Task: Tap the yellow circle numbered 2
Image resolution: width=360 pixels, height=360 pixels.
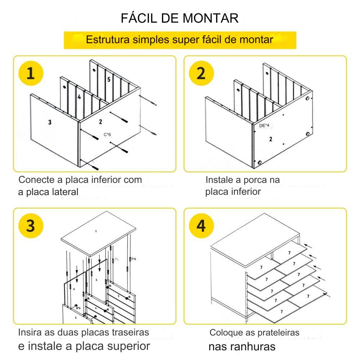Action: (x=201, y=74)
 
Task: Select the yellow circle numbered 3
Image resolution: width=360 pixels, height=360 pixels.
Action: (x=31, y=226)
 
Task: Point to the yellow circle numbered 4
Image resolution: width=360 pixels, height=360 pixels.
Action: (x=201, y=226)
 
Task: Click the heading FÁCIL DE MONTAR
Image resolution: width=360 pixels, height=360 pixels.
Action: (x=180, y=18)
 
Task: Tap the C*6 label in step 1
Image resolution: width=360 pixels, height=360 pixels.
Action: (x=107, y=135)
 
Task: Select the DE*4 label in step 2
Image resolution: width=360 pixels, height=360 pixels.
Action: (x=264, y=126)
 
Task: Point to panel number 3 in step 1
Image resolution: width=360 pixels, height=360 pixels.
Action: (x=50, y=122)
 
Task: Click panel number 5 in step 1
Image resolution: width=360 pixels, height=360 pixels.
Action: (x=108, y=79)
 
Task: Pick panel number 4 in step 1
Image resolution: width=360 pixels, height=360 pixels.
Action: (x=79, y=97)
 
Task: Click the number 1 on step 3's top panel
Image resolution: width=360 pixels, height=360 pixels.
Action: (x=96, y=231)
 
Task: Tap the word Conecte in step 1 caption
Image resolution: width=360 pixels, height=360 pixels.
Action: (x=35, y=179)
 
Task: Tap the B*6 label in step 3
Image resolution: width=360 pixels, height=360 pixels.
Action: (x=78, y=308)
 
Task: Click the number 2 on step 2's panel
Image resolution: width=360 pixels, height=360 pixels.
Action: (x=270, y=139)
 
